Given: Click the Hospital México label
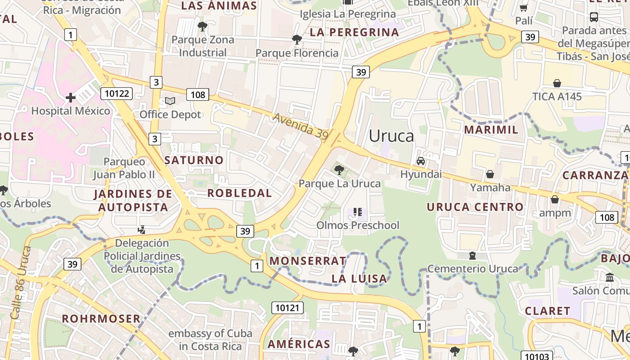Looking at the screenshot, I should [70, 111].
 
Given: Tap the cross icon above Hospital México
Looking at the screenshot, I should [70, 97].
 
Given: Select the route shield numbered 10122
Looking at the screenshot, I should [117, 94].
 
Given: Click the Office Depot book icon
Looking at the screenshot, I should [170, 101].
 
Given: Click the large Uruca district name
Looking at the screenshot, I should [391, 135].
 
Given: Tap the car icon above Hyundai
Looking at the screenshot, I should [421, 161].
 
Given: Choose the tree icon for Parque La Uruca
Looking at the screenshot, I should [339, 170].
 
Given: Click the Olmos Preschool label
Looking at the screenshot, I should [358, 225].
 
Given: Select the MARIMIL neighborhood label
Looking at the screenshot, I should [491, 130].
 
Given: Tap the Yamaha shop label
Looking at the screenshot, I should [490, 187].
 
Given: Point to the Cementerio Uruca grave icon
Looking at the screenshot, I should [472, 256].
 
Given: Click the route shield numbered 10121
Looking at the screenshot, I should [287, 308].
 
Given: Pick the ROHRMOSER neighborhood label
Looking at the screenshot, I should [101, 319].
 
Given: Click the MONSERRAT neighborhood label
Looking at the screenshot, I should [308, 261].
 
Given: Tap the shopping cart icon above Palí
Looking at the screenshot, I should [524, 8].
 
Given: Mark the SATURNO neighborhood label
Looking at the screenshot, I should [193, 160].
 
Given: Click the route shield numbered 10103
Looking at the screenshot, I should [537, 356].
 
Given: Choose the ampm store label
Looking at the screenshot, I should [555, 213].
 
